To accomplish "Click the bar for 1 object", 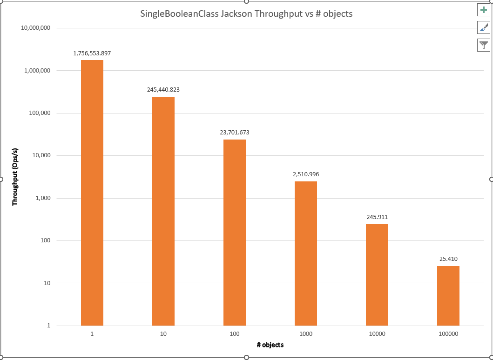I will [92, 193].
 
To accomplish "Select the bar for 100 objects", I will [235, 233].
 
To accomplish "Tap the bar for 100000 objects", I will [448, 296].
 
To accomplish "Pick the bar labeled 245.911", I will [377, 275].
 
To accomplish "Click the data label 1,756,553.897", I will [92, 53].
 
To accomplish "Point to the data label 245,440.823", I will [163, 90].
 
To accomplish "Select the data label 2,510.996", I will [306, 174].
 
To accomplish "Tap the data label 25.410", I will [448, 259].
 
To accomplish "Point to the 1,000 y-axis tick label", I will [43, 198].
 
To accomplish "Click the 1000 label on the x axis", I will [306, 334].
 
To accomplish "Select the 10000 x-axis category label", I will [377, 334].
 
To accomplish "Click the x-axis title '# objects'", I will [270, 345].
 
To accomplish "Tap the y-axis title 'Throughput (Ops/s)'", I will [15, 177].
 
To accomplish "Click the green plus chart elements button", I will [484, 10].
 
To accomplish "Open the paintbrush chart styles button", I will [484, 27].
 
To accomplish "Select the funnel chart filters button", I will [484, 45].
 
